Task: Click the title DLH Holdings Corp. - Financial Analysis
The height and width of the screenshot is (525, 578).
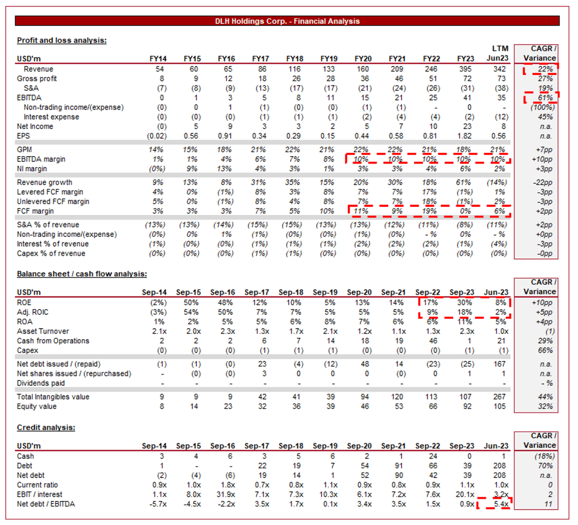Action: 287,21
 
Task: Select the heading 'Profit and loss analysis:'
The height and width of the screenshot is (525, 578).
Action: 62,40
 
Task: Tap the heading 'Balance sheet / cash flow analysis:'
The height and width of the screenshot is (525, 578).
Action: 82,274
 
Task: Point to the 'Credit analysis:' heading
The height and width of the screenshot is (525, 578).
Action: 46,428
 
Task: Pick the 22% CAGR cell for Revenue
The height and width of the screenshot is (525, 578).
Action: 545,69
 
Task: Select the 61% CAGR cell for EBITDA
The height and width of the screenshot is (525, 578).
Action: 545,98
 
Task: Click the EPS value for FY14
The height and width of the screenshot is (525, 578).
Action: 157,136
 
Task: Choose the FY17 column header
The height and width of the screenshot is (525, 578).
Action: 260,59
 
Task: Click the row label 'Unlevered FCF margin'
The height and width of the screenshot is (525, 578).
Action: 53,201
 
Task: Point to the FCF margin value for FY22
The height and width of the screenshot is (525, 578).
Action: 429,211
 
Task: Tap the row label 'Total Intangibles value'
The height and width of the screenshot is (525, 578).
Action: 53,397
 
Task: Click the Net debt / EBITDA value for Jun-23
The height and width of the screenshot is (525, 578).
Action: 500,504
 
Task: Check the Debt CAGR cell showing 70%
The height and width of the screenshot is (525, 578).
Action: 545,466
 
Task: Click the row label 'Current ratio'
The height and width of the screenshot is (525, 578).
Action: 37,485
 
